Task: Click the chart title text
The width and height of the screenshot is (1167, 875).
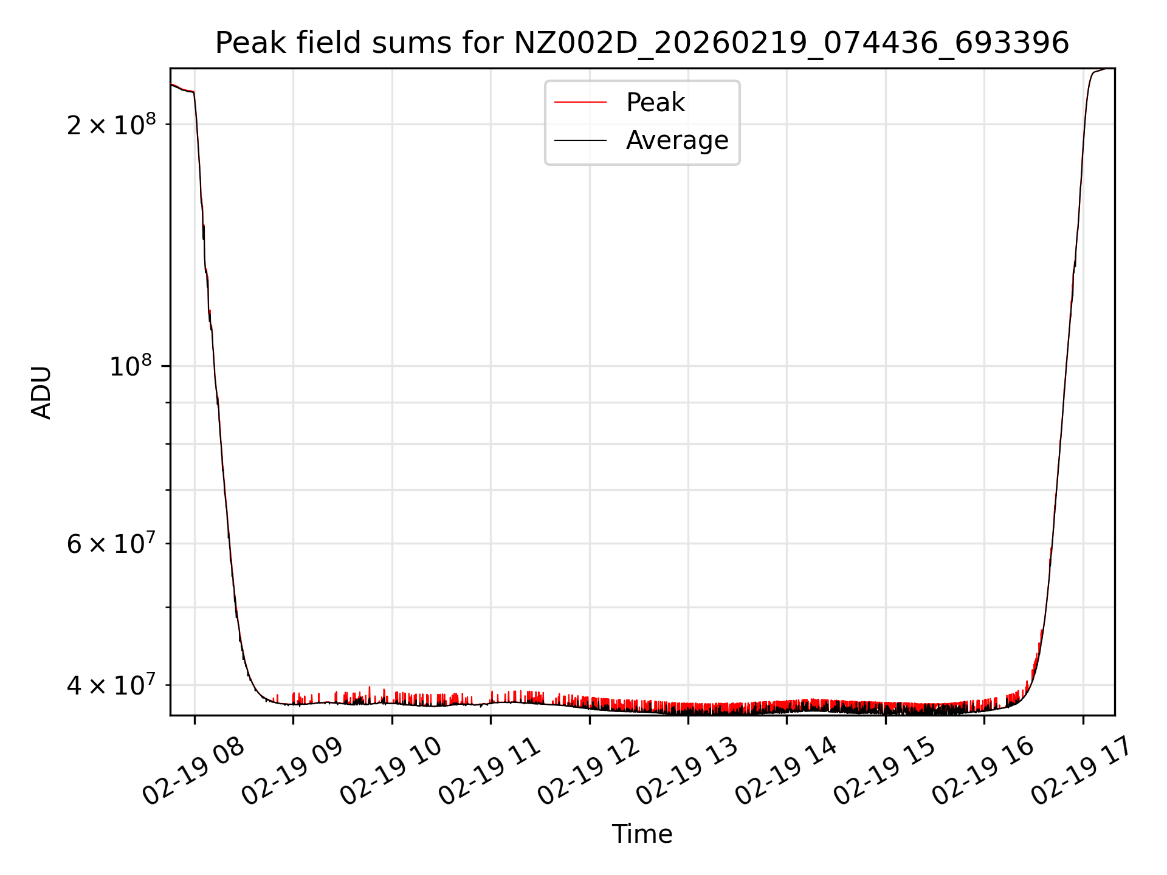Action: [x=642, y=43]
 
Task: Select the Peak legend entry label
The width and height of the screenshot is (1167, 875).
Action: [x=655, y=103]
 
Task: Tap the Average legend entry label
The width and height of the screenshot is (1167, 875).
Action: [x=677, y=140]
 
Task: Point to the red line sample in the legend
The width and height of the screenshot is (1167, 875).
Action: [x=580, y=103]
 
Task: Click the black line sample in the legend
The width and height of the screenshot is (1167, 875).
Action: [x=580, y=140]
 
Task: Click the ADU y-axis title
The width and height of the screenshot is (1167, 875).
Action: [x=41, y=392]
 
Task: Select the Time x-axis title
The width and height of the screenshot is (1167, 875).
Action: [x=642, y=834]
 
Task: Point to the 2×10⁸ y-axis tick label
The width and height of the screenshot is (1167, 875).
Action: [x=111, y=125]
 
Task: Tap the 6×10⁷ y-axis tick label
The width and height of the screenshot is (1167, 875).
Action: [x=111, y=544]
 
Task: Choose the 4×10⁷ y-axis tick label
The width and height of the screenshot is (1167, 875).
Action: [x=111, y=685]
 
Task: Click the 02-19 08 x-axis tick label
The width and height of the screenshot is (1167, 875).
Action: [x=193, y=772]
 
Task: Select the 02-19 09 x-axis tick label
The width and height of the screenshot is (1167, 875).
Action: [x=292, y=772]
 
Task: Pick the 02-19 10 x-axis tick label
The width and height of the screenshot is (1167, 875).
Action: [x=391, y=772]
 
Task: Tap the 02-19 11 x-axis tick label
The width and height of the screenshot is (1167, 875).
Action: [x=490, y=772]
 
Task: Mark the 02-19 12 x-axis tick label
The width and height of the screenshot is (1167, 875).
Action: [x=588, y=772]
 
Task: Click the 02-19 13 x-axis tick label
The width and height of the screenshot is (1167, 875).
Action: [x=687, y=772]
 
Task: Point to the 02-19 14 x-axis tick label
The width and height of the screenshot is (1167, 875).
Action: [x=786, y=772]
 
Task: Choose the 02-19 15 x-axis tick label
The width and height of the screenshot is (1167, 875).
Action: [x=885, y=772]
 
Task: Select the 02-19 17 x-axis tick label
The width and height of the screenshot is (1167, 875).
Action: [x=1083, y=772]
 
